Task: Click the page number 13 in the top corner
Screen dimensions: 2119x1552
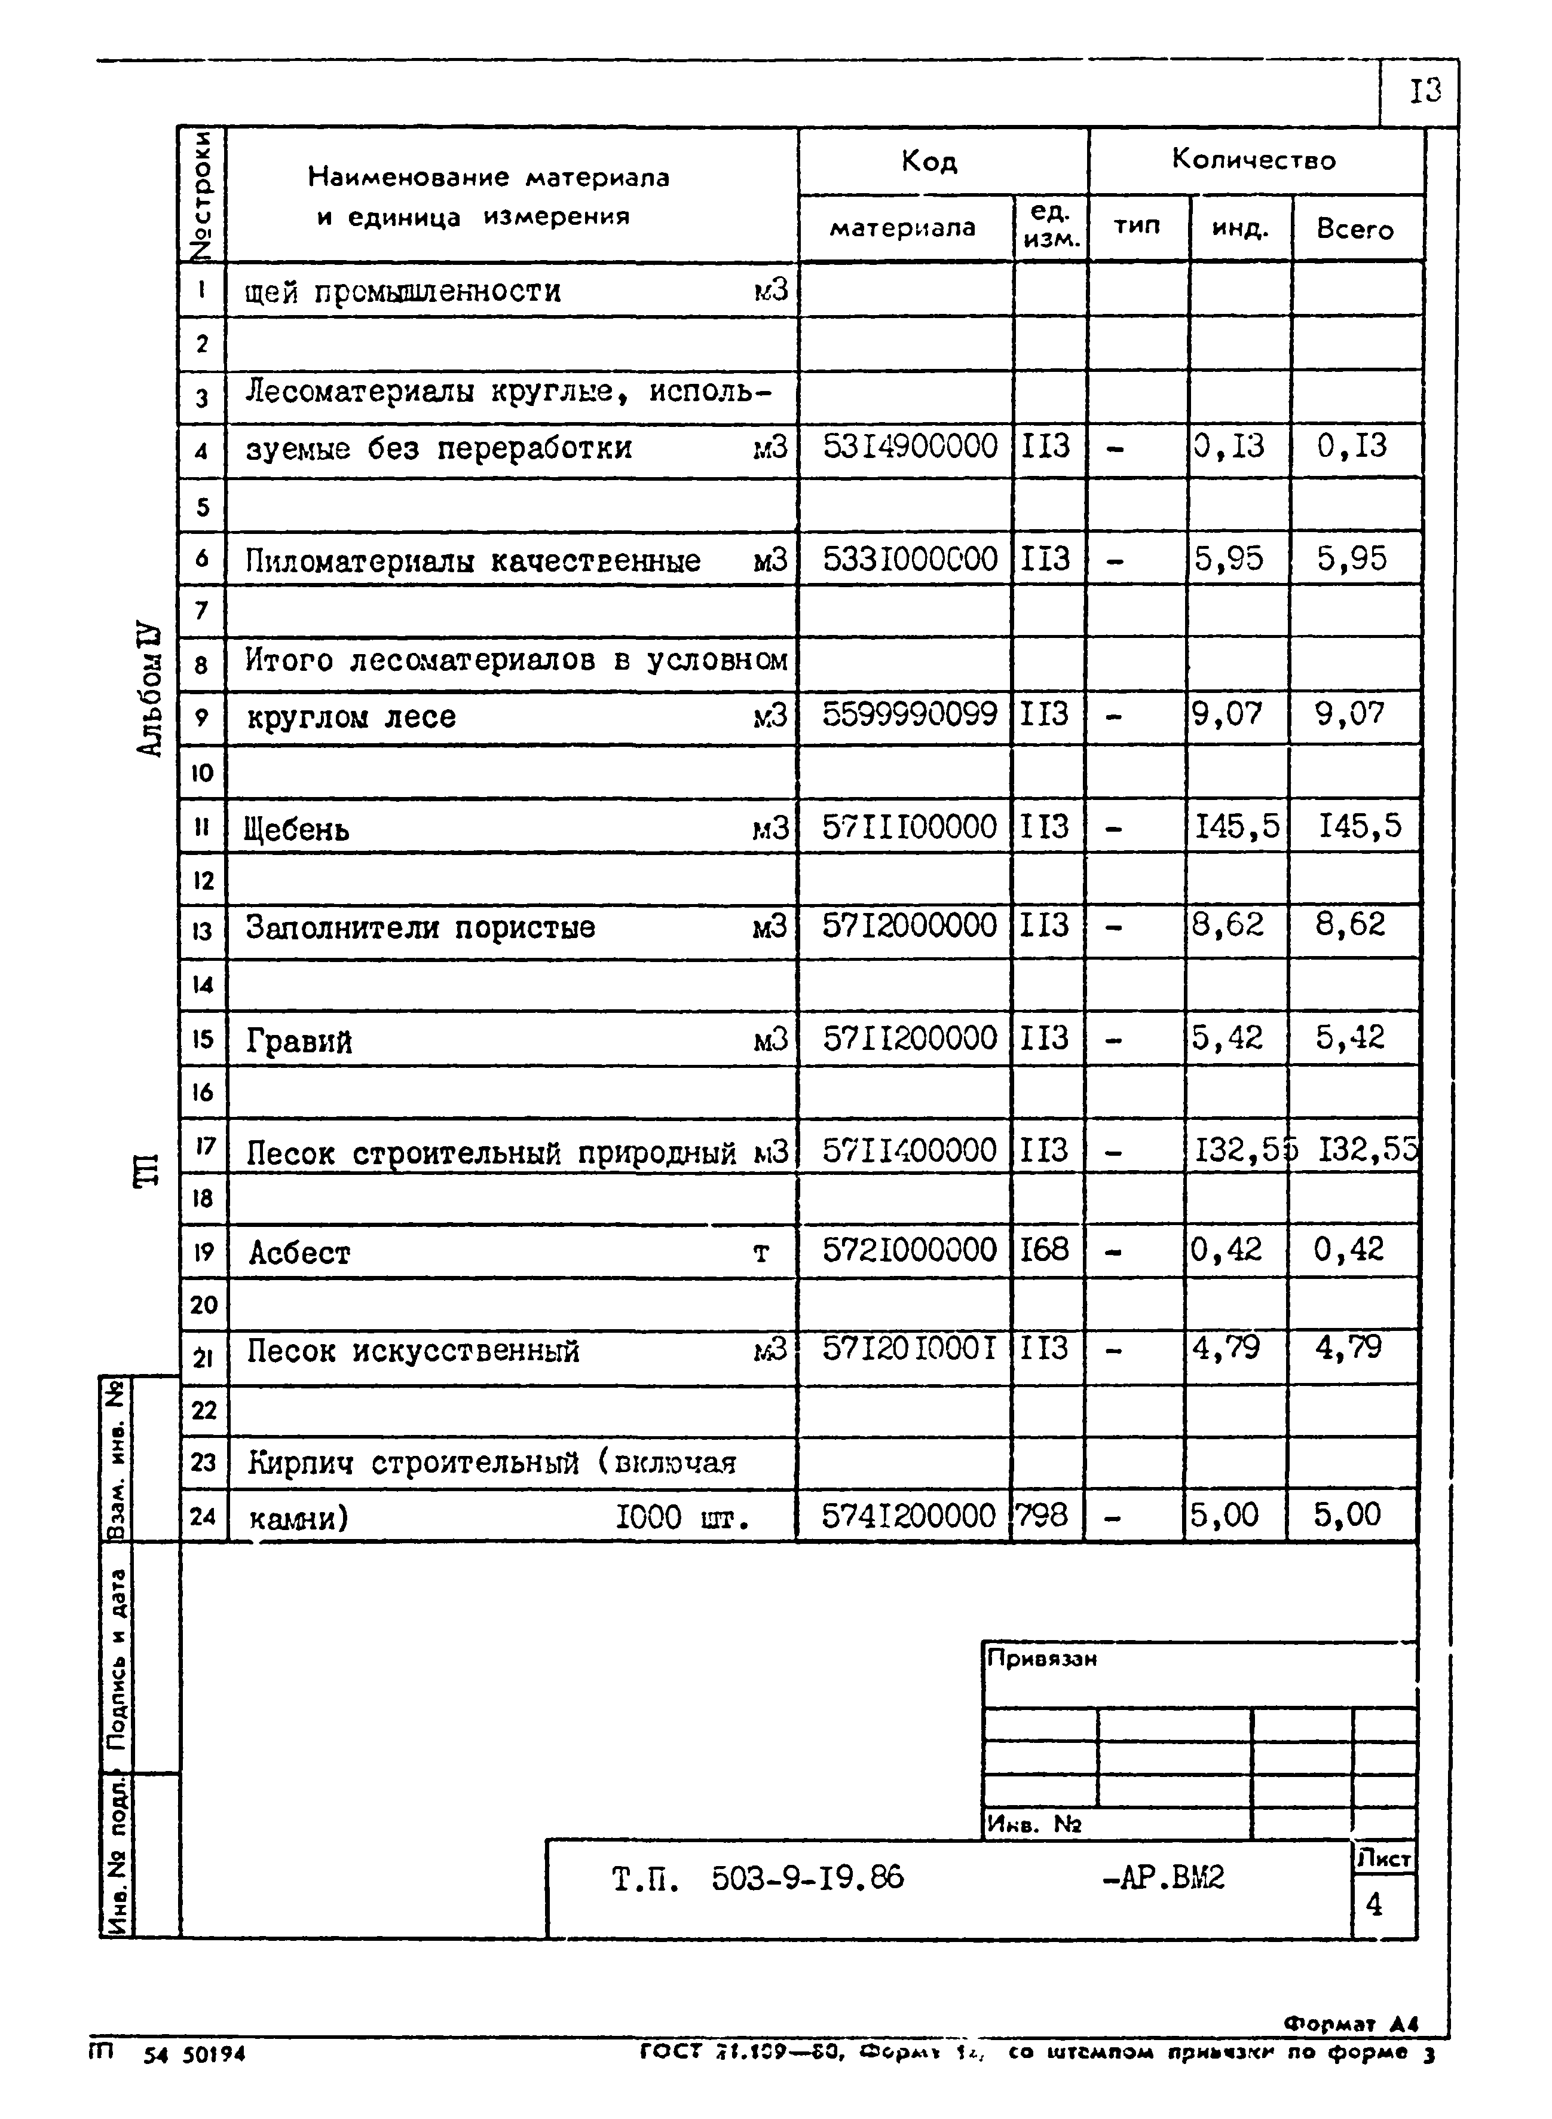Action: (x=1424, y=91)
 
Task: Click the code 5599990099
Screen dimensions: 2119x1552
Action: (x=908, y=714)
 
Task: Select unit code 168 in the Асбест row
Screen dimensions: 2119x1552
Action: (x=1044, y=1250)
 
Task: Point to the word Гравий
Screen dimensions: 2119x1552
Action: (x=299, y=1041)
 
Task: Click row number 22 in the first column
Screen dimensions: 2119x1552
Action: (x=203, y=1409)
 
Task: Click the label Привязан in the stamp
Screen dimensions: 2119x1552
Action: (x=1041, y=1659)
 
